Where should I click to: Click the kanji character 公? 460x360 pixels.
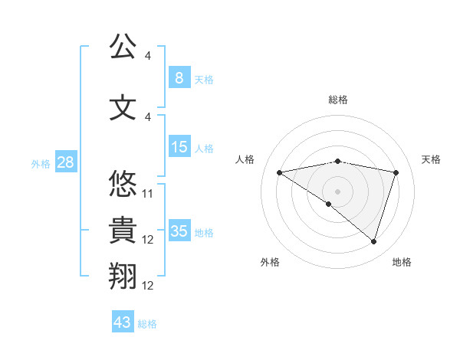[123, 47]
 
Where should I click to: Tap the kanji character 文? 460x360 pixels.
[123, 107]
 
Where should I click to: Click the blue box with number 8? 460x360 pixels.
[179, 78]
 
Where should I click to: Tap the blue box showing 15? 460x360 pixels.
[179, 147]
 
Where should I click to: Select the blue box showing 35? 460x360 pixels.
[179, 231]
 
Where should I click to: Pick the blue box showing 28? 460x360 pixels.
[65, 163]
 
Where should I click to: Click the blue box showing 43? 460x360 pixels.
[123, 322]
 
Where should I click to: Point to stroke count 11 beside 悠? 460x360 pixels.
[148, 193]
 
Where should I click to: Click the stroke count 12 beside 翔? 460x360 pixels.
[148, 286]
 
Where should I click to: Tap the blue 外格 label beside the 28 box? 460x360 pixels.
[41, 164]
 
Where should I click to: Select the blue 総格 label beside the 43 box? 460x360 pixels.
[147, 324]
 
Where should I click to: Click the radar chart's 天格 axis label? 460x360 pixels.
[432, 159]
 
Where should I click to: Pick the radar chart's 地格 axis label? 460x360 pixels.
[402, 262]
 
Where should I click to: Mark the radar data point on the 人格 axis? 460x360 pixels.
[279, 172]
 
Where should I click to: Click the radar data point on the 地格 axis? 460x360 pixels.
[373, 241]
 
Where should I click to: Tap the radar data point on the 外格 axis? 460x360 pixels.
[329, 204]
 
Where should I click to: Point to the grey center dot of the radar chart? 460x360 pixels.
[337, 191]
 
